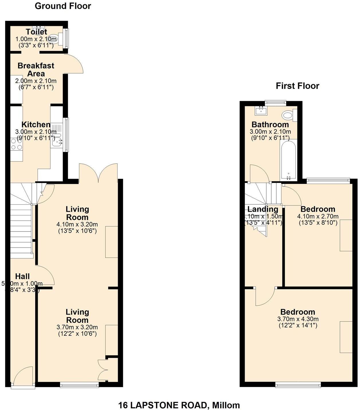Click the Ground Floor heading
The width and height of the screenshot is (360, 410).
[x=63, y=6]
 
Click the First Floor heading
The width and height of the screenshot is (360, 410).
[x=297, y=86]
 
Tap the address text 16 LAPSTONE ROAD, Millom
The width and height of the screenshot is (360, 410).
[x=179, y=405]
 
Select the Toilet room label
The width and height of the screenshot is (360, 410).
[x=36, y=32]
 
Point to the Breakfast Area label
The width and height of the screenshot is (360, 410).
[x=36, y=70]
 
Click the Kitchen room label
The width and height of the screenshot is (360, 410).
[x=36, y=125]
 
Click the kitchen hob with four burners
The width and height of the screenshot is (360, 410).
[x=16, y=144]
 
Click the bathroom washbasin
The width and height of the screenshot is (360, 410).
[x=261, y=110]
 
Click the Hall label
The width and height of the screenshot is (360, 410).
[x=22, y=276]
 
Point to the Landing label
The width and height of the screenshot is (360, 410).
[x=263, y=209]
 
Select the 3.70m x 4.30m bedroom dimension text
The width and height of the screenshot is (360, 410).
[x=298, y=319]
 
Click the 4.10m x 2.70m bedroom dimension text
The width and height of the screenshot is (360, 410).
[x=318, y=217]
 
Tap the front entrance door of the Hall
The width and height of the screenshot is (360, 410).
[x=23, y=377]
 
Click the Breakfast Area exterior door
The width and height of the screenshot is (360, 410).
[x=74, y=64]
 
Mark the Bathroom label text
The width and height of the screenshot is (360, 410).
[x=270, y=125]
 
